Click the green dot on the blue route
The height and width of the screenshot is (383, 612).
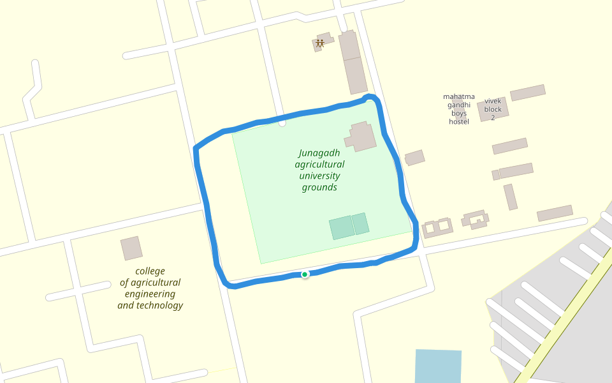305,274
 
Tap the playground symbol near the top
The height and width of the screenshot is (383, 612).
319,43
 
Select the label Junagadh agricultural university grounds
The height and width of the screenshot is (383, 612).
319,170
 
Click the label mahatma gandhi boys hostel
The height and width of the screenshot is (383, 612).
459,109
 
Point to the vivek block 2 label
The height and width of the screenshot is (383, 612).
493,109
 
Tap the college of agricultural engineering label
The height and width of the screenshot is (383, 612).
150,288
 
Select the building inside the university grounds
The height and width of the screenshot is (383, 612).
361,136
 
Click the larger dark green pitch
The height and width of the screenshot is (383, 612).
341,228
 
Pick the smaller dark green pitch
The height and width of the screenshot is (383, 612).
360,223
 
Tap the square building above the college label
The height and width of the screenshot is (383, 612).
132,248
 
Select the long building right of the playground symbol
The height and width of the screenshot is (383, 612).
353,62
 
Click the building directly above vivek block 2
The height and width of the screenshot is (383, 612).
527,93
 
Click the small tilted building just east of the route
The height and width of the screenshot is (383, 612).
414,157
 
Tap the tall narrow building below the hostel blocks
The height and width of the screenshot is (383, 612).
510,197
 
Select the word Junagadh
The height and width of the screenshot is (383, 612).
319,153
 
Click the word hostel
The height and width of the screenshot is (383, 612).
459,122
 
